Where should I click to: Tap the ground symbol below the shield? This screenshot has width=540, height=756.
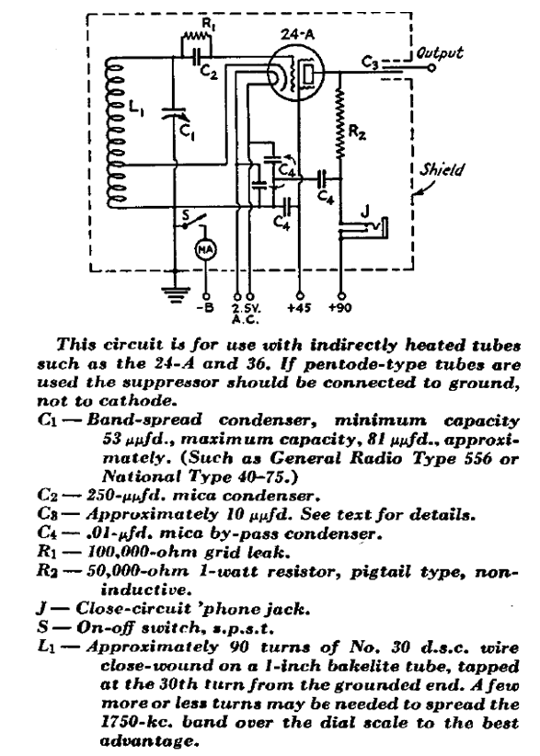[x=175, y=294]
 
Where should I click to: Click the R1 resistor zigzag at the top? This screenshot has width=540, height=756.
[x=196, y=35]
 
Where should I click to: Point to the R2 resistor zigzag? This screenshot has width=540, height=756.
[x=341, y=122]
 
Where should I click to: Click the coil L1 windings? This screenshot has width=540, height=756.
[x=116, y=133]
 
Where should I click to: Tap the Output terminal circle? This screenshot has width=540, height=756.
[x=432, y=68]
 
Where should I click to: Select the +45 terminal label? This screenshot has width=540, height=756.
[x=299, y=307]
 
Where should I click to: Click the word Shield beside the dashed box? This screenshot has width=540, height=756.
[x=442, y=169]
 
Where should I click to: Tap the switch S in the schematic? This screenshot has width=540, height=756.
[x=194, y=222]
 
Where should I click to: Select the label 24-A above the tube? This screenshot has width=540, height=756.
[x=294, y=35]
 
